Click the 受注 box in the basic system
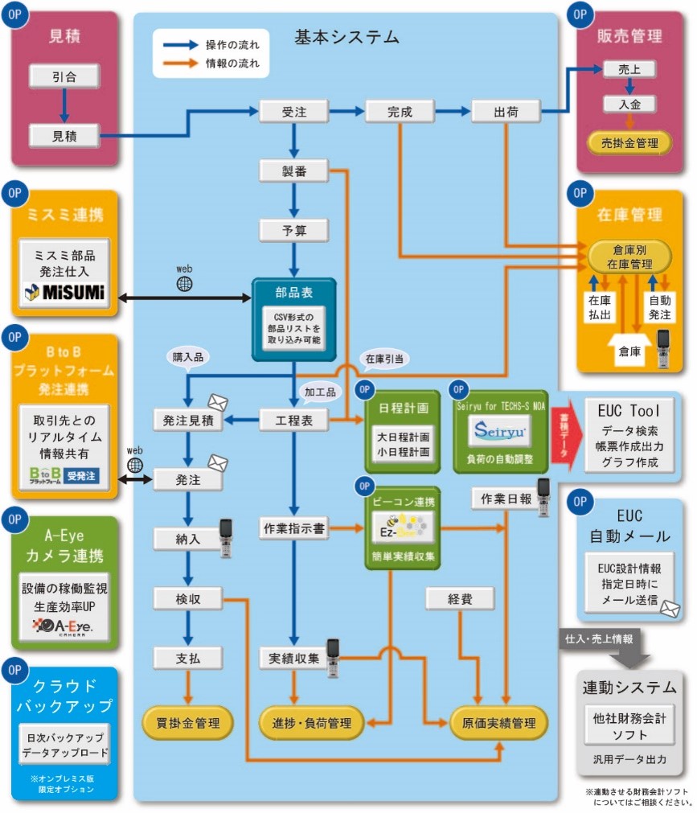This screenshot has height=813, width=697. (x=294, y=112)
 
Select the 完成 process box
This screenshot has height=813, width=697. (x=400, y=112)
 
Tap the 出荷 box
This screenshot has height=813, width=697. (x=505, y=112)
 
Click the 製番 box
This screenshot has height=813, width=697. (x=294, y=170)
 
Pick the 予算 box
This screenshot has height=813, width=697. (x=294, y=230)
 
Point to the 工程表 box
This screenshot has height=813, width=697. (x=293, y=419)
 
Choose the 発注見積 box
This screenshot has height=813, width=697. (x=187, y=419)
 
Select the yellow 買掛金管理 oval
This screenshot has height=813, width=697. (x=187, y=722)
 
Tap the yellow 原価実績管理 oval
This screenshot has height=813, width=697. (x=498, y=722)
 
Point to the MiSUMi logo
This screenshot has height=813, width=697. (x=65, y=292)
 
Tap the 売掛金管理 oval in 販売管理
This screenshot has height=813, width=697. (x=629, y=143)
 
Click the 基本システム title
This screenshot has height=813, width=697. (x=346, y=37)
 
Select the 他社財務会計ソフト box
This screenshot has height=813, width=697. (x=629, y=726)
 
